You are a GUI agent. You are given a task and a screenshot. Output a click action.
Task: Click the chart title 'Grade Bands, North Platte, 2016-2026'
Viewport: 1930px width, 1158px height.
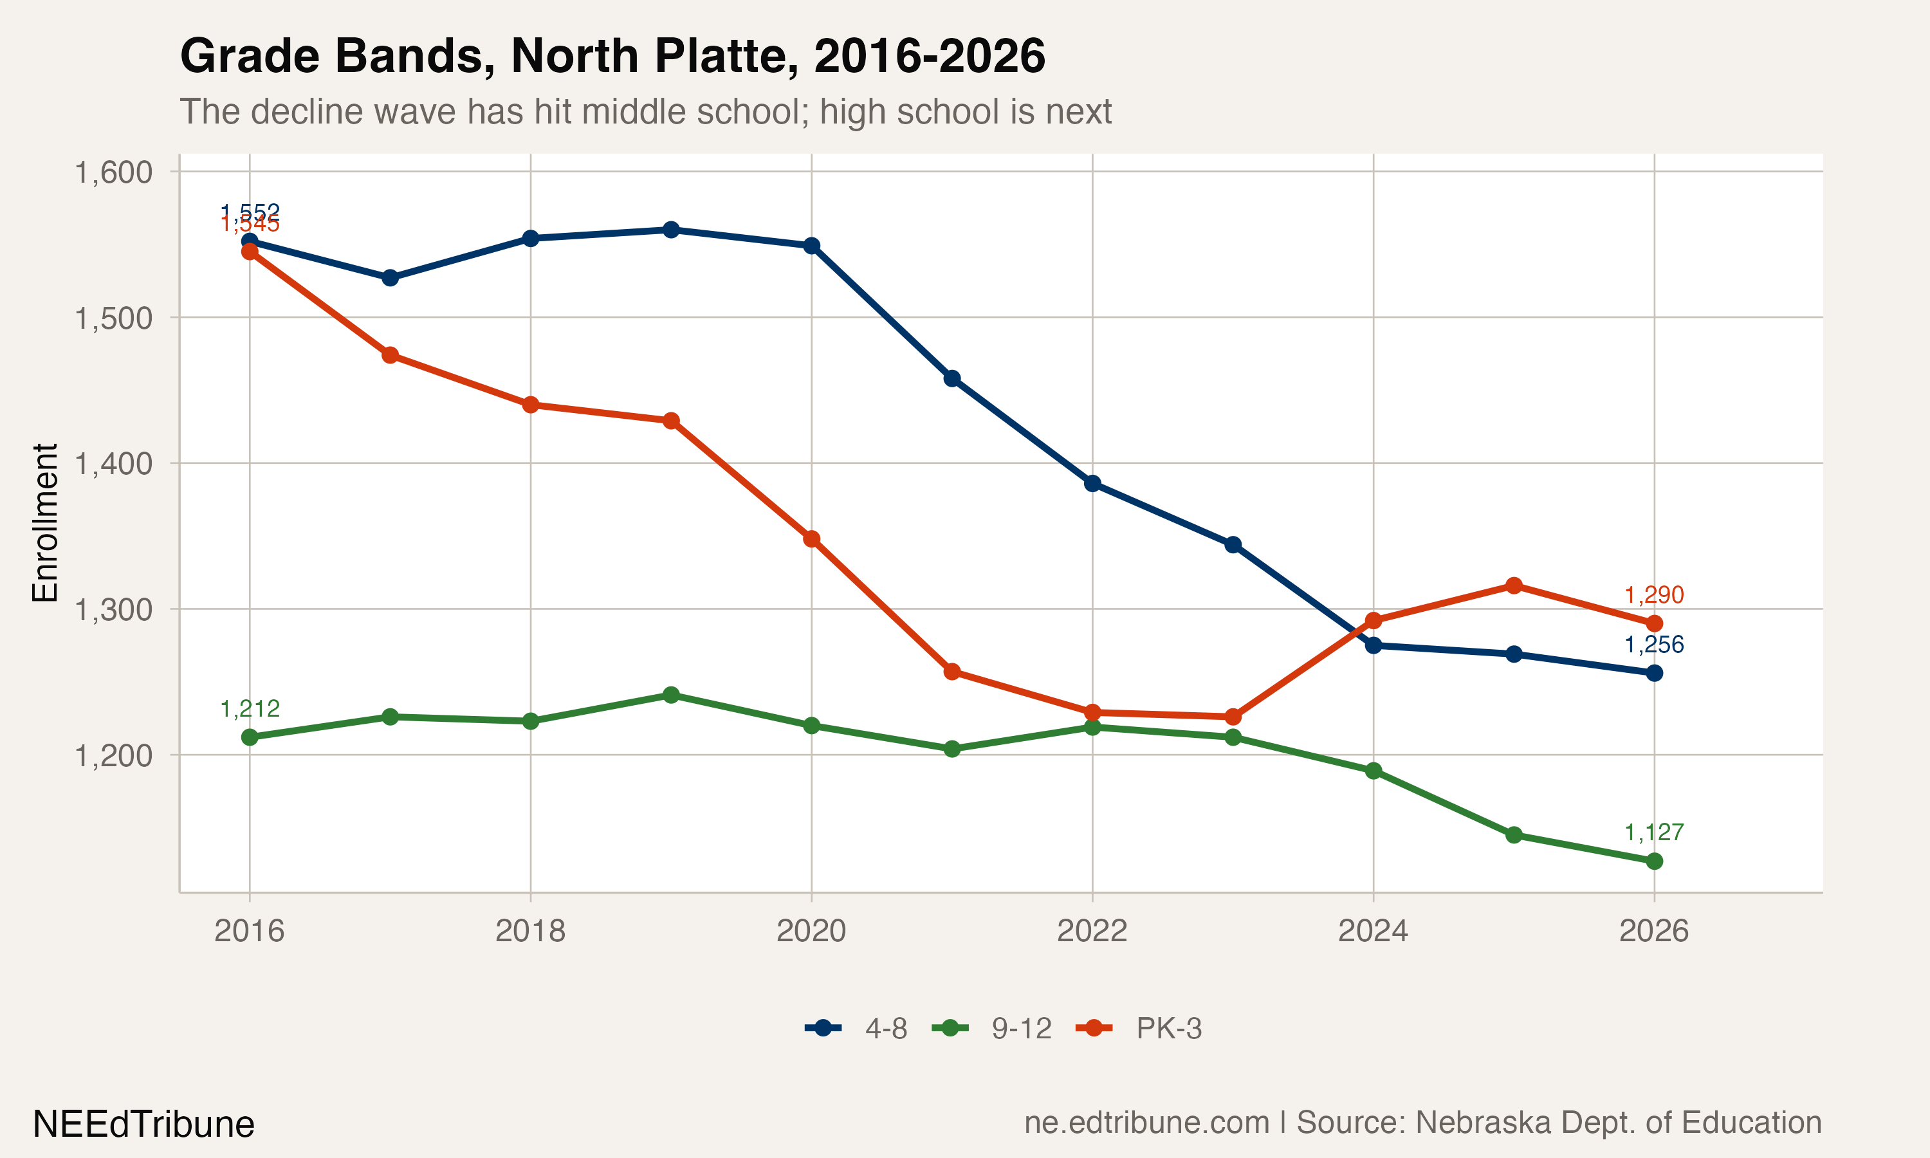pyautogui.click(x=612, y=56)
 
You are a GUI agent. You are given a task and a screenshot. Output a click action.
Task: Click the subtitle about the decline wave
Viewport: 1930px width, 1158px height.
pyautogui.click(x=645, y=111)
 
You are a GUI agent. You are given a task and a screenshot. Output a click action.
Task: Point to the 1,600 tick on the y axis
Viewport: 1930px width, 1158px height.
pyautogui.click(x=113, y=172)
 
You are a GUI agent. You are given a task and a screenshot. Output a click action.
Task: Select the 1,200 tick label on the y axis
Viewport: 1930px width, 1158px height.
pyautogui.click(x=113, y=755)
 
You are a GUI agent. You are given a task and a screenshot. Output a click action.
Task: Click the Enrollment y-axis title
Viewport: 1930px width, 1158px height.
pyautogui.click(x=45, y=523)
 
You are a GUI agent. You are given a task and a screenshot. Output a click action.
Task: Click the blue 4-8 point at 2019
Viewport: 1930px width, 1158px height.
pyautogui.click(x=671, y=230)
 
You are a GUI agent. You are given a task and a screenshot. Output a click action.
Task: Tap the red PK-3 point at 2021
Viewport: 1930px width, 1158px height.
pyautogui.click(x=951, y=672)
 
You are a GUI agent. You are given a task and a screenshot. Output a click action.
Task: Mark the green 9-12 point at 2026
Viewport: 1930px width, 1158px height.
pyautogui.click(x=1654, y=861)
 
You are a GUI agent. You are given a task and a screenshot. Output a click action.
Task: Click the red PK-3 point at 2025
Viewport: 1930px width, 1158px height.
pyautogui.click(x=1513, y=585)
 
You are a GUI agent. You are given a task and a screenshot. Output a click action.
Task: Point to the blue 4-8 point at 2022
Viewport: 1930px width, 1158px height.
pyautogui.click(x=1092, y=484)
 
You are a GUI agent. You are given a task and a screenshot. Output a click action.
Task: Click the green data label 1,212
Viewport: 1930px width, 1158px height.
pyautogui.click(x=250, y=708)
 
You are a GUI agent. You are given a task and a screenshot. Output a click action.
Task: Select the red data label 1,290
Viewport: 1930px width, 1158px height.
pyautogui.click(x=1654, y=595)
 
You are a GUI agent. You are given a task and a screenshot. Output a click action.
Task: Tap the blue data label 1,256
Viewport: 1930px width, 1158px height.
pyautogui.click(x=1654, y=645)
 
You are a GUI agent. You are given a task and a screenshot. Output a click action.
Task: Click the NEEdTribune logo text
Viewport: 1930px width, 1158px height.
pyautogui.click(x=143, y=1125)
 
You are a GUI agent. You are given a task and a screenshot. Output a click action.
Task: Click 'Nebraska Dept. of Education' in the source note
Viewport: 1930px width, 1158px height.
pyautogui.click(x=1618, y=1123)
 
